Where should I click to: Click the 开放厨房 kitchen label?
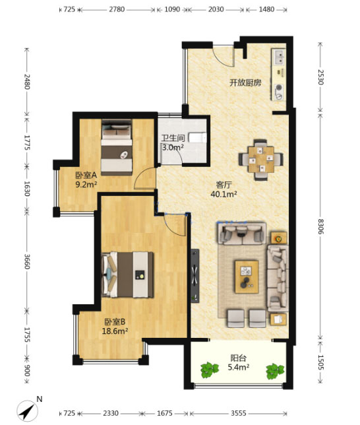tap(245, 82)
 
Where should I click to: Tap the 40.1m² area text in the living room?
tap(224, 194)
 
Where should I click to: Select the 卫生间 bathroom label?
tap(173, 138)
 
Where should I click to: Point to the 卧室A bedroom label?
tap(86, 175)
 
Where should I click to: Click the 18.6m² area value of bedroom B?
tap(115, 331)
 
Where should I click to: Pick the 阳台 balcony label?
tap(239, 358)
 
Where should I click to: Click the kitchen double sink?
tap(279, 57)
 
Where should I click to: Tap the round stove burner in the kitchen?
tap(279, 88)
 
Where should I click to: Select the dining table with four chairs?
tap(261, 160)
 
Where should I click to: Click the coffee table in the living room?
tap(247, 277)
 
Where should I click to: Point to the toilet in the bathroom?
tap(197, 138)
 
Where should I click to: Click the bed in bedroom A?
tap(117, 147)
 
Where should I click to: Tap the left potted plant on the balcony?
tap(210, 370)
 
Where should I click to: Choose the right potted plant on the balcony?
tap(275, 371)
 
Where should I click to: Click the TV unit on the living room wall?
tap(195, 276)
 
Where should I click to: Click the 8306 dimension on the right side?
tap(320, 226)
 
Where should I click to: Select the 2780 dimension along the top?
tap(117, 9)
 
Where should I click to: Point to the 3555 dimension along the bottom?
tap(239, 413)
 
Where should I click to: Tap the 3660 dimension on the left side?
tap(27, 261)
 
